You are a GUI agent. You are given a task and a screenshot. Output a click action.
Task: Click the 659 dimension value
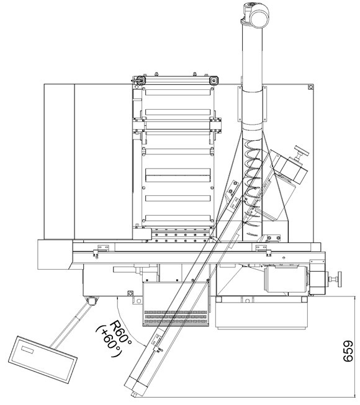[348, 351]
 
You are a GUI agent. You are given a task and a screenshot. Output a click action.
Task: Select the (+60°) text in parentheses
[109, 342]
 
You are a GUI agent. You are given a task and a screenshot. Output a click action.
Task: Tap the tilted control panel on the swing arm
[43, 360]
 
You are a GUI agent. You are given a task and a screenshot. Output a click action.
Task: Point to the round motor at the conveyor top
[259, 15]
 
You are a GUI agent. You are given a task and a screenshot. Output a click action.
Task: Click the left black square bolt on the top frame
[141, 80]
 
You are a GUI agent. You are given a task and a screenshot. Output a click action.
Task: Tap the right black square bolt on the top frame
[214, 81]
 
